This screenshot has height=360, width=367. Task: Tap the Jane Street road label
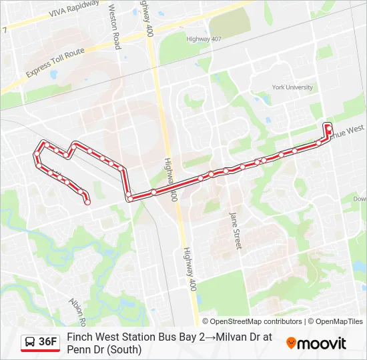coord(235,231)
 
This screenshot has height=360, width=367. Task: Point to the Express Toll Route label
coord(55,62)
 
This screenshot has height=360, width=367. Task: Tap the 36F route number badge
coord(47,342)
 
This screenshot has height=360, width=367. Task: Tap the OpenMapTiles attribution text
coord(339,321)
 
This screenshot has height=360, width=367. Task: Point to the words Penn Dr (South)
coord(104,349)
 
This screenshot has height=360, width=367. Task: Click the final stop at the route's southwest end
coord(87,201)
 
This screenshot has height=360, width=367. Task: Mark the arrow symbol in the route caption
coord(210,337)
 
